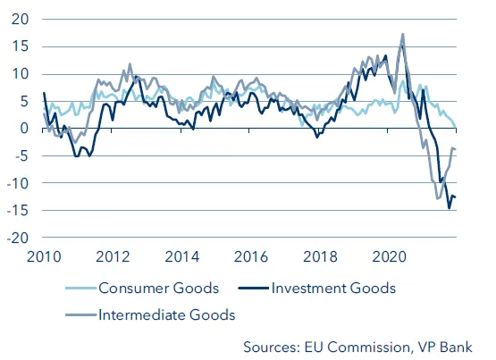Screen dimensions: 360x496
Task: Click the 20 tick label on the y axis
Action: pos(21,19)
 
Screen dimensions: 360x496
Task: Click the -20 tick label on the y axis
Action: pos(18,239)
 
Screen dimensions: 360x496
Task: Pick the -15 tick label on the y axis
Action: pos(18,211)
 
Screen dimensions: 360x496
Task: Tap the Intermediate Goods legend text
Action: pos(166,314)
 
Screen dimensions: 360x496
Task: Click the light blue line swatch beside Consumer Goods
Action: pos(81,288)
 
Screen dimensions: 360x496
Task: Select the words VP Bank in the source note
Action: pos(451,346)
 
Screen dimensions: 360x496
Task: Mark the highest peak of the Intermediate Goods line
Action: pos(403,35)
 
